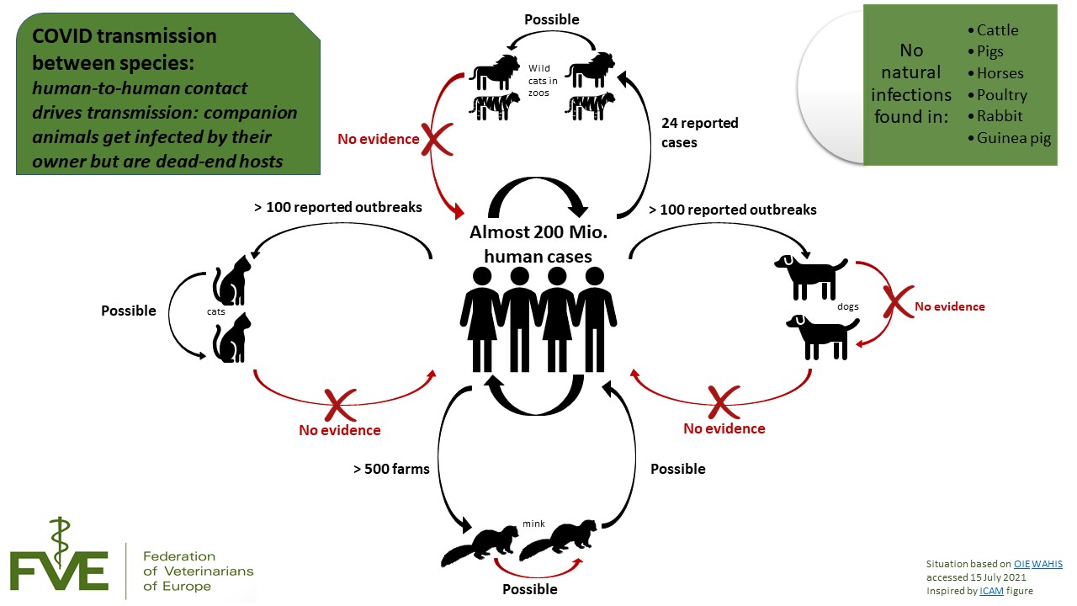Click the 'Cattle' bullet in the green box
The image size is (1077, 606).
coord(997,30)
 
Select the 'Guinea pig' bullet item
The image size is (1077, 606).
coord(1014,139)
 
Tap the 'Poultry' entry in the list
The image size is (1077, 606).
coord(1001,95)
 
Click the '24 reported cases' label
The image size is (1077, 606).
coord(699,133)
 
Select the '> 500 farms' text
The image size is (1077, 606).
coord(391,469)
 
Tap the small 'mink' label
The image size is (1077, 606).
coord(534,524)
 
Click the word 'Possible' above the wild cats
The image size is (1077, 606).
coord(551,19)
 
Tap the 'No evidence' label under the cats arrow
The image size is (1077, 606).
coord(339,430)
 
